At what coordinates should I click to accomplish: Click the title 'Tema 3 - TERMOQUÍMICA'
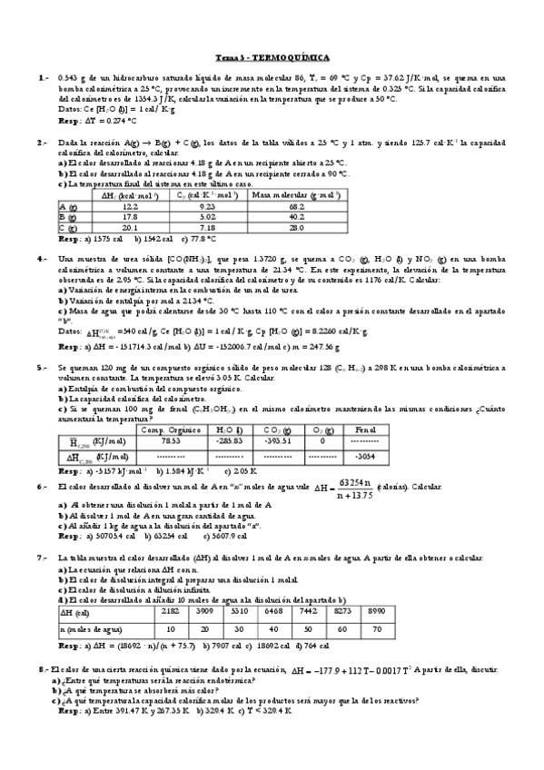click(272, 56)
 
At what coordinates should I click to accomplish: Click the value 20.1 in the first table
click(130, 228)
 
